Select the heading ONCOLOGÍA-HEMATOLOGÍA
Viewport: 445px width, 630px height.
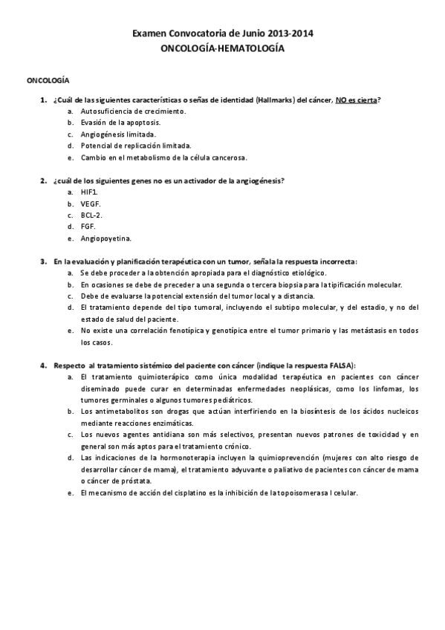[222, 47]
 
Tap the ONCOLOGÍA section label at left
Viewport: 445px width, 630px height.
[48, 79]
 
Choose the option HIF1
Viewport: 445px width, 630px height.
[90, 192]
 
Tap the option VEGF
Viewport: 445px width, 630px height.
[91, 204]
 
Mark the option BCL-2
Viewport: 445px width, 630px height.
[92, 215]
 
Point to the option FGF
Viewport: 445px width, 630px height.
[88, 227]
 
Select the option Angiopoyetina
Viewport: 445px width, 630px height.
[106, 238]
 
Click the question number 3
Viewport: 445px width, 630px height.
[42, 262]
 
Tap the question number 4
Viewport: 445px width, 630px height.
[42, 366]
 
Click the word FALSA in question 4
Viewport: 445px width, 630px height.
[341, 366]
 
